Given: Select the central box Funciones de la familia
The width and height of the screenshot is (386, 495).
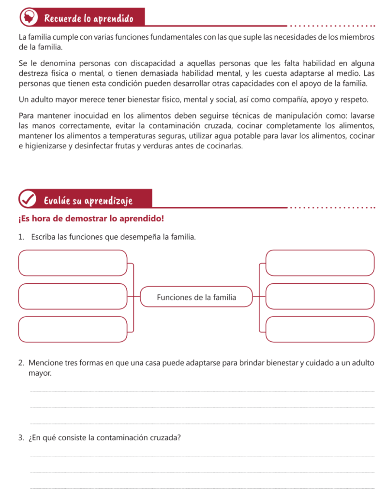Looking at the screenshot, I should tap(196, 297).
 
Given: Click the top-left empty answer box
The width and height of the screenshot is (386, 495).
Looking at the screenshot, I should tap(73, 262).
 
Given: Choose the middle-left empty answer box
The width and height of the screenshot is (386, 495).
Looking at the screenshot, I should tap(73, 296).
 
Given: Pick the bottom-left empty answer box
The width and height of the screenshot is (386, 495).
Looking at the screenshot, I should tap(73, 329).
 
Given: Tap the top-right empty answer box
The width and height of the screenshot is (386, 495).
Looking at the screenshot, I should tap(320, 262).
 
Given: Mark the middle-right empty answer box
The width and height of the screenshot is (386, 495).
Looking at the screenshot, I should tap(320, 296).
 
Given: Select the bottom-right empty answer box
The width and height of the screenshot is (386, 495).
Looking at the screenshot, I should tap(320, 329).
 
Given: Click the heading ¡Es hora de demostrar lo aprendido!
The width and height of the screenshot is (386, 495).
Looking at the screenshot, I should tap(91, 218).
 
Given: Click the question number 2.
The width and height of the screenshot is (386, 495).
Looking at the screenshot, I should tap(21, 363).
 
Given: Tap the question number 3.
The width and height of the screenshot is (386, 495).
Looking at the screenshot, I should tap(21, 438).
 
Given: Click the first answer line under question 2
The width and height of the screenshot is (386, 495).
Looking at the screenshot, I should tap(202, 391).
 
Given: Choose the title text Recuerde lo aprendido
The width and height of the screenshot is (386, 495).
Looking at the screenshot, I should tap(89, 19).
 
